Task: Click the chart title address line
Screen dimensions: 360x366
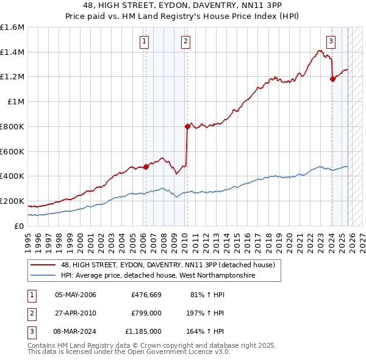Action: pyautogui.click(x=183, y=5)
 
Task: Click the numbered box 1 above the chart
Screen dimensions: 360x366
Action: pyautogui.click(x=145, y=41)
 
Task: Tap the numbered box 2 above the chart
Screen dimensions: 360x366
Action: pyautogui.click(x=185, y=41)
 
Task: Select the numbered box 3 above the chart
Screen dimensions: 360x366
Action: pyautogui.click(x=331, y=41)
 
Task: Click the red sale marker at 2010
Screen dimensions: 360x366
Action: pyautogui.click(x=187, y=127)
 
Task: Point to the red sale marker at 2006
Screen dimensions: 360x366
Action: pyautogui.click(x=146, y=167)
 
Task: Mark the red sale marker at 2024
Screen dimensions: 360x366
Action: pyautogui.click(x=332, y=79)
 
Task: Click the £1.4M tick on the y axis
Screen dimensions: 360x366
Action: pyautogui.click(x=12, y=52)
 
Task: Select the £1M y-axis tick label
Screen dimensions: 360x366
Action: pyautogui.click(x=15, y=102)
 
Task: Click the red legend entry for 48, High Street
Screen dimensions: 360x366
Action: pyautogui.click(x=168, y=265)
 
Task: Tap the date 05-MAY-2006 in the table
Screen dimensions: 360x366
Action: pyautogui.click(x=76, y=295)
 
